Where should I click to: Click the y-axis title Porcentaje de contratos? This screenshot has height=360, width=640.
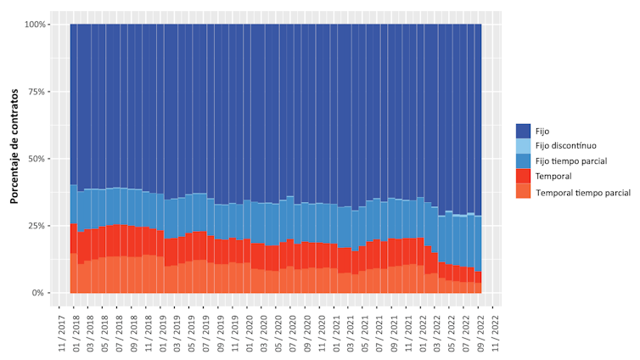(x=14, y=159)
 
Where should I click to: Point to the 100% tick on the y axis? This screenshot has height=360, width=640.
(x=37, y=25)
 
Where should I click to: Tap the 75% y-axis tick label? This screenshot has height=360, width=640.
(x=40, y=92)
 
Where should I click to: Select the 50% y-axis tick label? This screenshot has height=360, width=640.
(x=40, y=159)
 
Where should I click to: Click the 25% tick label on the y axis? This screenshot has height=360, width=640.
(x=40, y=226)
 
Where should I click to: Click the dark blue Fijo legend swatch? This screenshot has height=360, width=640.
(x=523, y=131)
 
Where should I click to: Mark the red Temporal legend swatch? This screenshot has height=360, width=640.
(x=523, y=177)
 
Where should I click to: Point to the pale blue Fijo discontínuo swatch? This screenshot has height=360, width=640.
(x=523, y=146)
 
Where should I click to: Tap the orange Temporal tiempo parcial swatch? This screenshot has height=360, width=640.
(x=523, y=192)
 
